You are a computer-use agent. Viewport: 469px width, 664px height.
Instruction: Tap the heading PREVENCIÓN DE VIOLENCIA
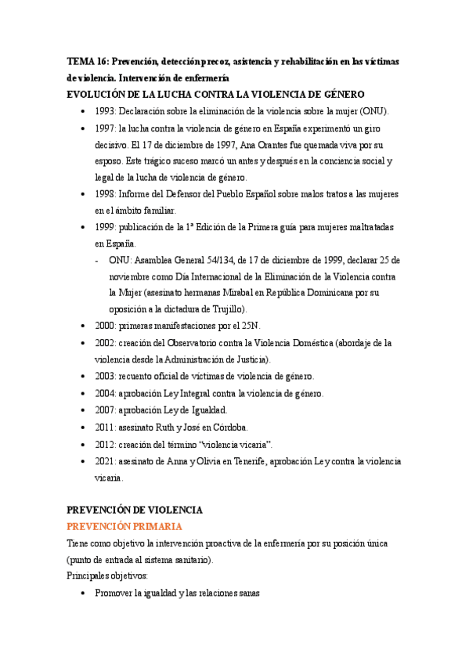135,510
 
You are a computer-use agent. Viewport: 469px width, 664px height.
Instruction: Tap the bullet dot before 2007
84,410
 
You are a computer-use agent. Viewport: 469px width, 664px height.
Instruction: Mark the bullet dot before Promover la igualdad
84,594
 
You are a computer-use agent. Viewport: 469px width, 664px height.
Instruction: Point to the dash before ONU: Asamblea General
96,260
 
